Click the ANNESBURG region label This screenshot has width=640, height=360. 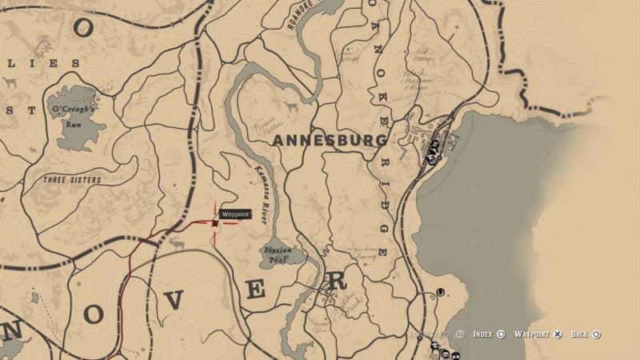click(330, 140)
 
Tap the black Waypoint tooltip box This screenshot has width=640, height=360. click(235, 214)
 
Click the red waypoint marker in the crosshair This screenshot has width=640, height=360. click(214, 223)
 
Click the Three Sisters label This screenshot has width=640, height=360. click(72, 180)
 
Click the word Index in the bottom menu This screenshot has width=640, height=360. click(482, 334)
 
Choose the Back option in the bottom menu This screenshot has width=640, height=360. click(580, 334)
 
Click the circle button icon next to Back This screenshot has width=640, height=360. click(597, 334)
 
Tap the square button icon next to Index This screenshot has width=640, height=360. click(500, 334)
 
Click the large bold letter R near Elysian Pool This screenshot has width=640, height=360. click(338, 281)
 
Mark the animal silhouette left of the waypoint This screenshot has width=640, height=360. click(174, 242)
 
